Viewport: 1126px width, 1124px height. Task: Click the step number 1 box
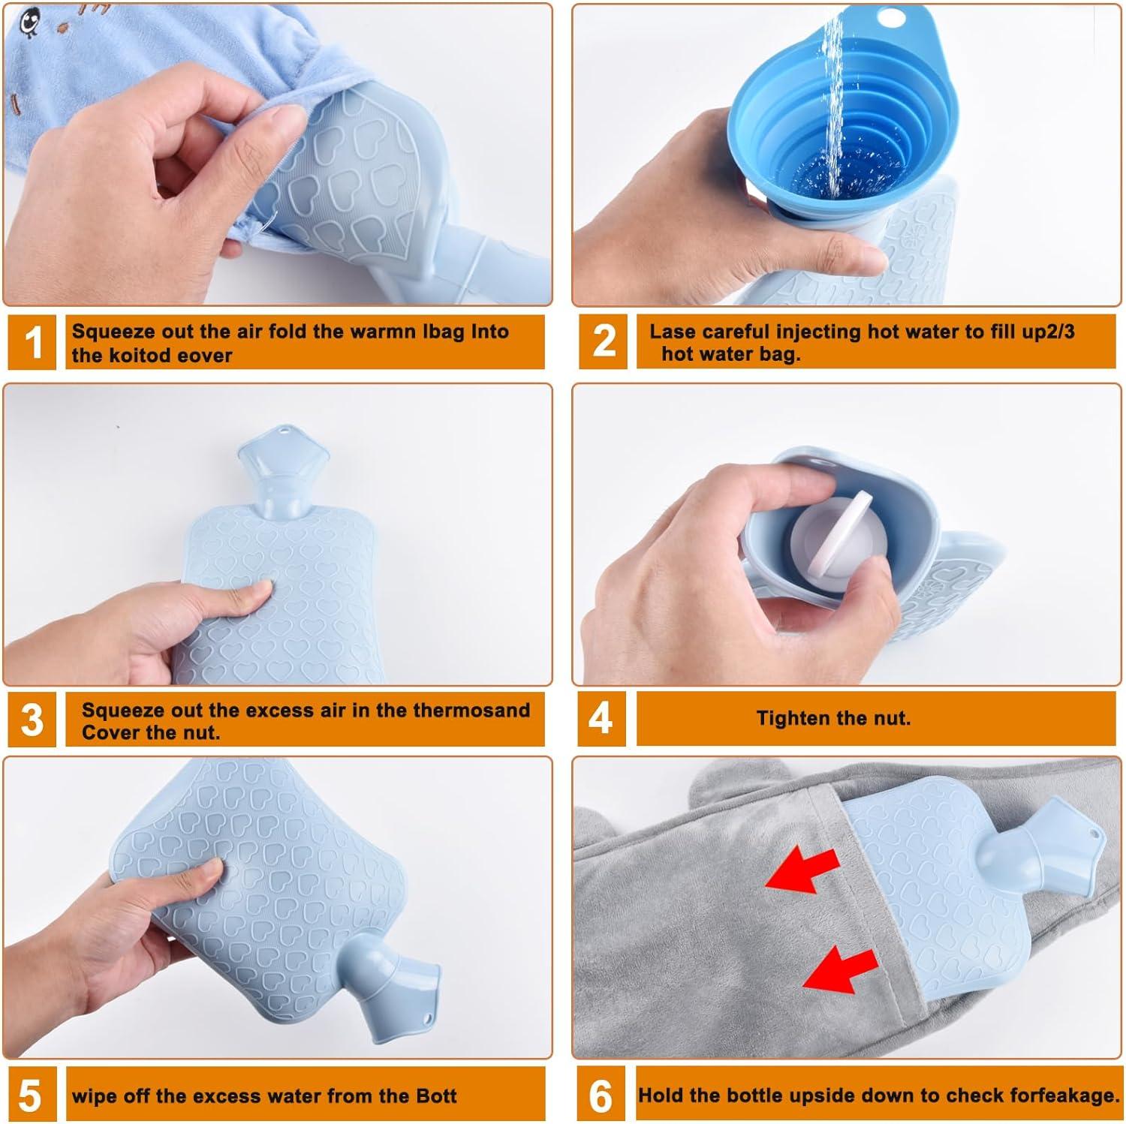[32, 343]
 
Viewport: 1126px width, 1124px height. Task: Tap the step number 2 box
[603, 341]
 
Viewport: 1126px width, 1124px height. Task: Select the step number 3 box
[32, 720]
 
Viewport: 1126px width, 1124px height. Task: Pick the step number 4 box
[601, 719]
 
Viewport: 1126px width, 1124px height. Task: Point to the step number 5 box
[30, 1095]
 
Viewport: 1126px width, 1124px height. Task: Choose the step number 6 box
[601, 1095]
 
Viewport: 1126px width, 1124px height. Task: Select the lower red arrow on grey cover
[841, 971]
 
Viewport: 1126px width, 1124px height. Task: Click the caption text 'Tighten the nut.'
[833, 719]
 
